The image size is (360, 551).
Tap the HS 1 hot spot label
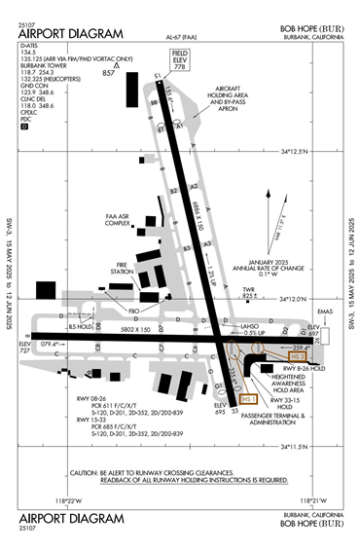click(249, 398)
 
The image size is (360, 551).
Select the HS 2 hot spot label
click(298, 357)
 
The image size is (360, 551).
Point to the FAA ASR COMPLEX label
click(118, 219)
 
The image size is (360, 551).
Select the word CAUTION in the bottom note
click(89, 471)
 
